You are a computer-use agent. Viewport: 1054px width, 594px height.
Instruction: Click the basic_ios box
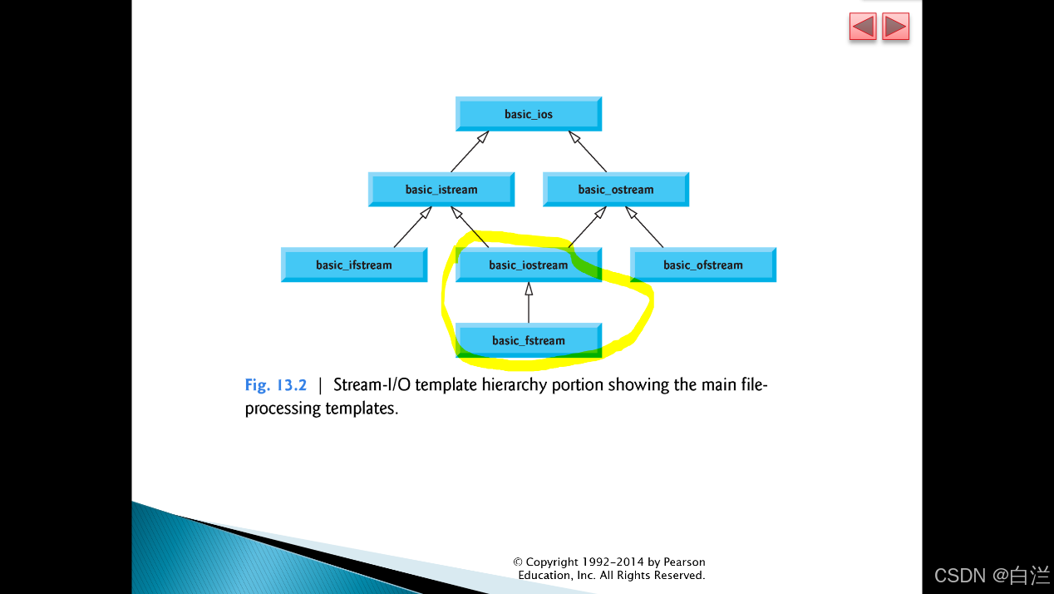pos(529,114)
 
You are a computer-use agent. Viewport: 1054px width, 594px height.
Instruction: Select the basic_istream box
pos(441,190)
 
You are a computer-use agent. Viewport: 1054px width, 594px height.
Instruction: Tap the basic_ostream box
pos(616,190)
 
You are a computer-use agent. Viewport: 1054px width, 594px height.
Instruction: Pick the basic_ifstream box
pos(354,265)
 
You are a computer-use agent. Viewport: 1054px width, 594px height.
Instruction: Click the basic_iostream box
pos(529,265)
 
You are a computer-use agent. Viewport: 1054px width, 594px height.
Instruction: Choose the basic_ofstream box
pos(703,265)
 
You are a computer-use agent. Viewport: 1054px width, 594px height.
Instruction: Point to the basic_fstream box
pos(529,340)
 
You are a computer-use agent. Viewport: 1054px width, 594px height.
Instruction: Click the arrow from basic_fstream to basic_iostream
pos(529,303)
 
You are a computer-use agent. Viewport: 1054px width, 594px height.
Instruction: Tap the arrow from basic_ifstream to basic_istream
pos(411,227)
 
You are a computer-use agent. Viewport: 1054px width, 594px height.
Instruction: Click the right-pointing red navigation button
pos(895,27)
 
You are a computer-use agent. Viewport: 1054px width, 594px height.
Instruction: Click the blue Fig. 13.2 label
pos(276,385)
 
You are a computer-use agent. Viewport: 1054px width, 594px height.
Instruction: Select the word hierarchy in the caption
pos(515,385)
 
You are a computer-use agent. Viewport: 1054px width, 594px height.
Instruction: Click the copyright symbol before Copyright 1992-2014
pos(518,562)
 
